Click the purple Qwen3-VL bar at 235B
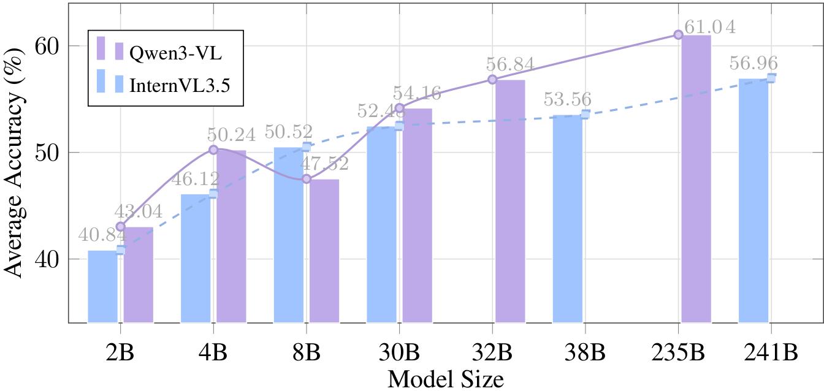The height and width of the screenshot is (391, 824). click(x=696, y=178)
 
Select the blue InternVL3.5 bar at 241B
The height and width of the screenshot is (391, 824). click(x=753, y=200)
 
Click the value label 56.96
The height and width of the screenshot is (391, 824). click(x=753, y=63)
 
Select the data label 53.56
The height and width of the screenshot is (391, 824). click(x=567, y=99)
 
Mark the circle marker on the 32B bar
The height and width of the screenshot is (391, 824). click(x=492, y=80)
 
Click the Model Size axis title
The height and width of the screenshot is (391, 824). click(x=446, y=379)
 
